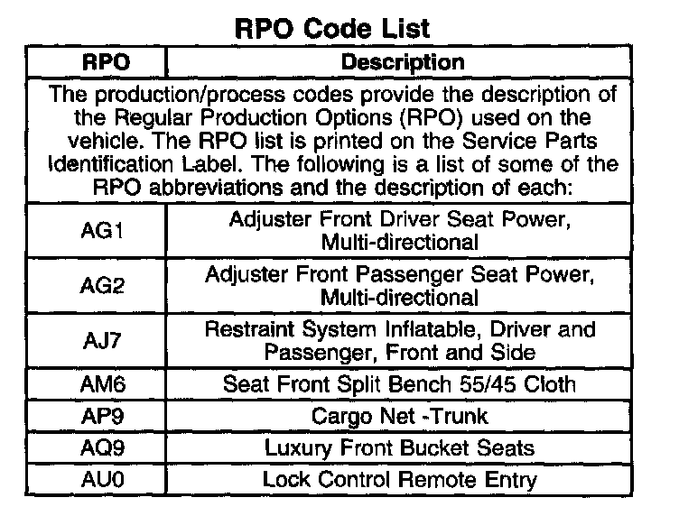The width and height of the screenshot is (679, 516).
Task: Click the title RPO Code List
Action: point(332,29)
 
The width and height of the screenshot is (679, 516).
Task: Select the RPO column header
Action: point(107,62)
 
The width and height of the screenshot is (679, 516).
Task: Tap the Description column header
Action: point(403,62)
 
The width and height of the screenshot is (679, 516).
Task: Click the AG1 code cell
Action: point(102,230)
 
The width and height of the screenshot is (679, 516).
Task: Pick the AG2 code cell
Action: point(102,285)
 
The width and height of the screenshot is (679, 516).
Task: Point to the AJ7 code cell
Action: point(102,340)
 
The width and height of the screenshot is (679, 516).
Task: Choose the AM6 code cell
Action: point(103,384)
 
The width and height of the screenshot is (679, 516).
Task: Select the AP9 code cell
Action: point(103,416)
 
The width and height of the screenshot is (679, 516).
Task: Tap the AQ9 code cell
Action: point(103,447)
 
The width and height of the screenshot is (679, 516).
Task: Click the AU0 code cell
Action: point(103,480)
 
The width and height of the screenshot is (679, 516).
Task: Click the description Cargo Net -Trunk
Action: point(399,416)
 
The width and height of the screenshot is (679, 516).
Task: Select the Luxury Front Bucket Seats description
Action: point(399,448)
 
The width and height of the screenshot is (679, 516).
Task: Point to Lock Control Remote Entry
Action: point(399,480)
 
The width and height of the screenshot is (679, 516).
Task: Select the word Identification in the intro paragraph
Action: point(110,164)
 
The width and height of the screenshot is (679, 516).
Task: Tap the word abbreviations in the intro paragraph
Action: point(216,188)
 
